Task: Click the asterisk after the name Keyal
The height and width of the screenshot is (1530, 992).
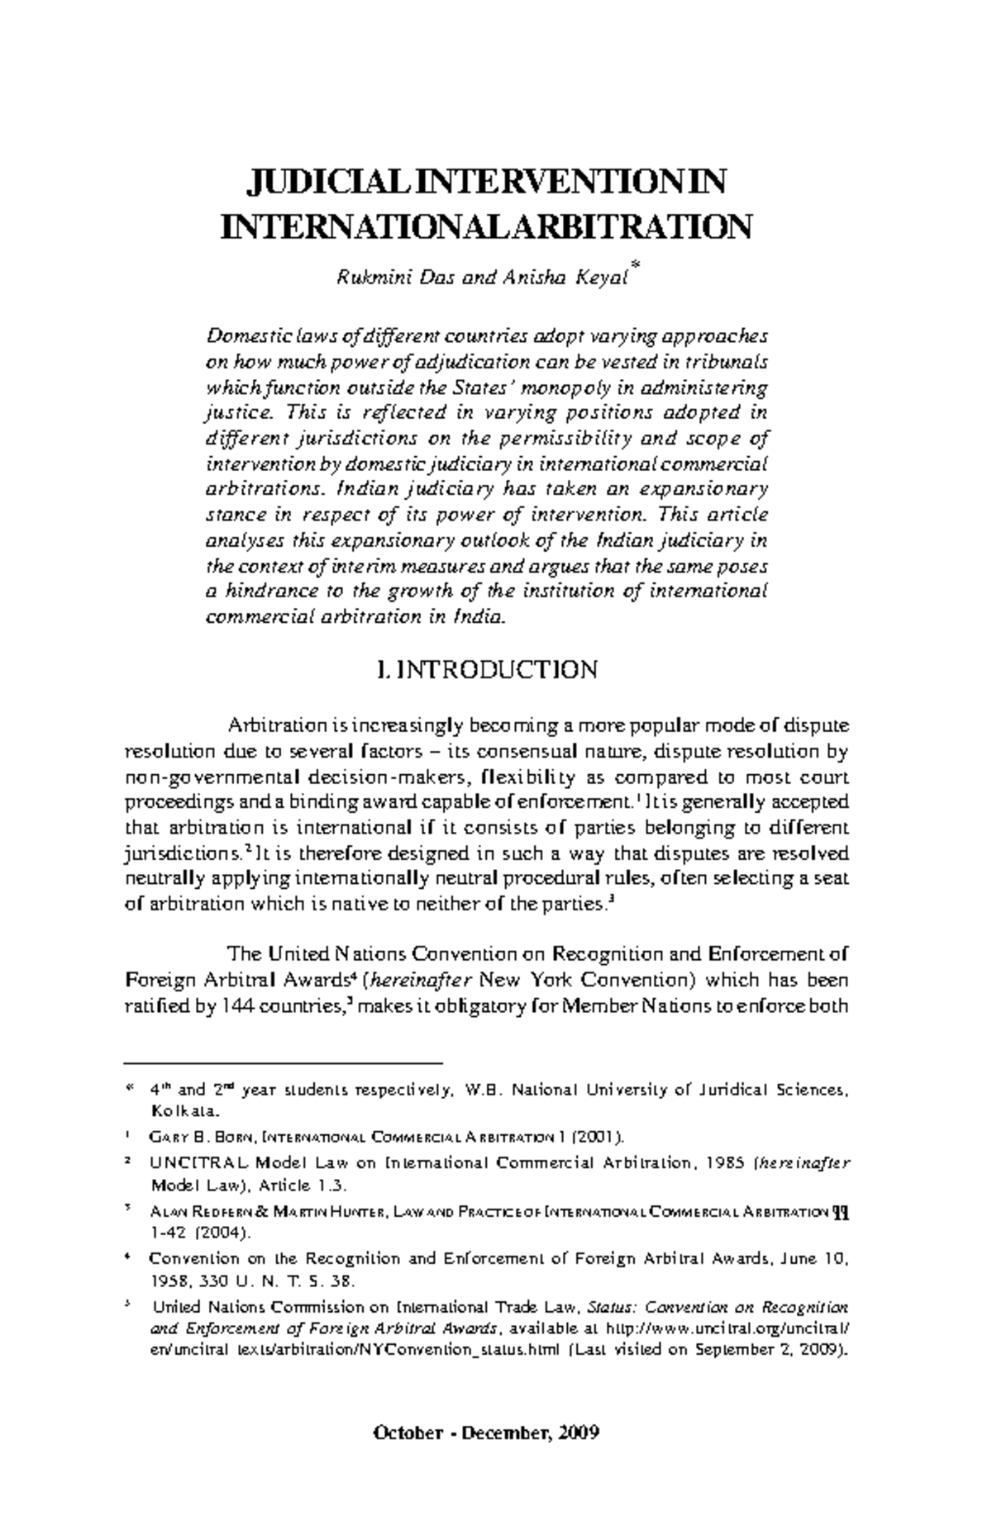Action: [x=634, y=266]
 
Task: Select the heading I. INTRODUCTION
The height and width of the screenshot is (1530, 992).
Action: [x=485, y=669]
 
